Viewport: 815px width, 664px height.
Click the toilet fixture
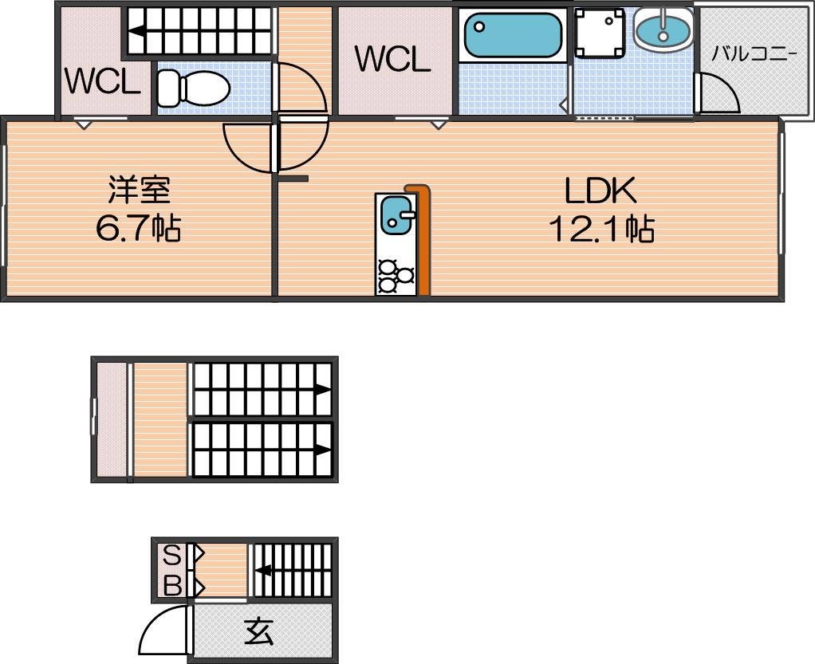click(193, 88)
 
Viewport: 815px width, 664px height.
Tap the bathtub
click(513, 35)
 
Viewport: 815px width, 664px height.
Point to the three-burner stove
click(396, 276)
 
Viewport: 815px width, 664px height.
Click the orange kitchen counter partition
click(422, 240)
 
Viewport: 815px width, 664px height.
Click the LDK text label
click(600, 191)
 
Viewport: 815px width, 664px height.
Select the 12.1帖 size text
click(601, 228)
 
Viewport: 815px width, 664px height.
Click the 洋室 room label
click(139, 190)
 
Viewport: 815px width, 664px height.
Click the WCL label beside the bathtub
click(393, 59)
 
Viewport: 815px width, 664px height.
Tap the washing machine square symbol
click(600, 32)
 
